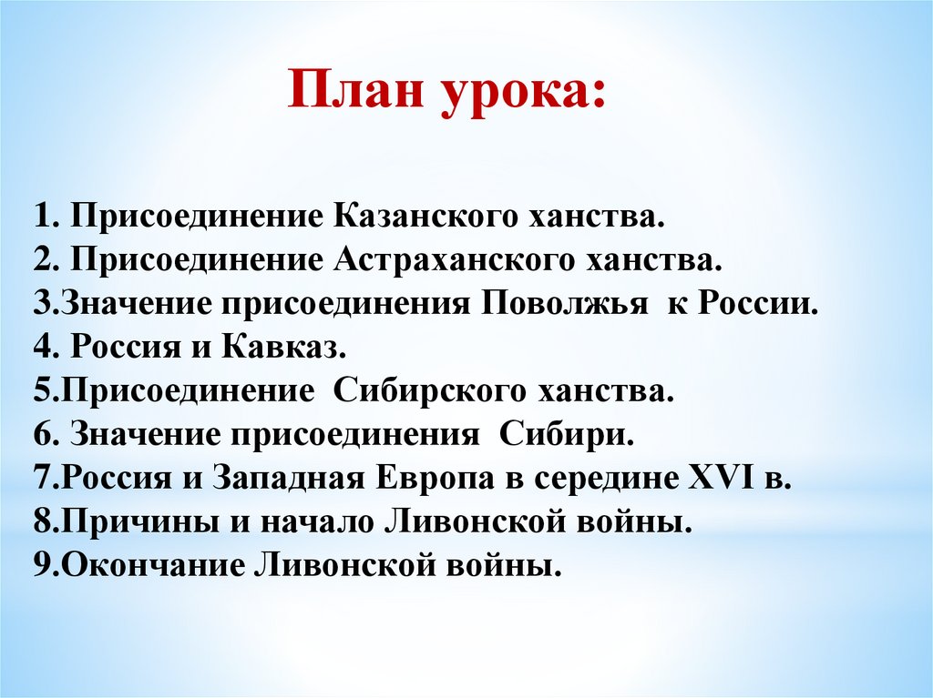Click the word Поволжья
(564, 304)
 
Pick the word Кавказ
(284, 348)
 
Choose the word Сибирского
(430, 391)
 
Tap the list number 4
(43, 348)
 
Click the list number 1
(42, 217)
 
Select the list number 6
(43, 435)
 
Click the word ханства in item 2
(654, 260)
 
